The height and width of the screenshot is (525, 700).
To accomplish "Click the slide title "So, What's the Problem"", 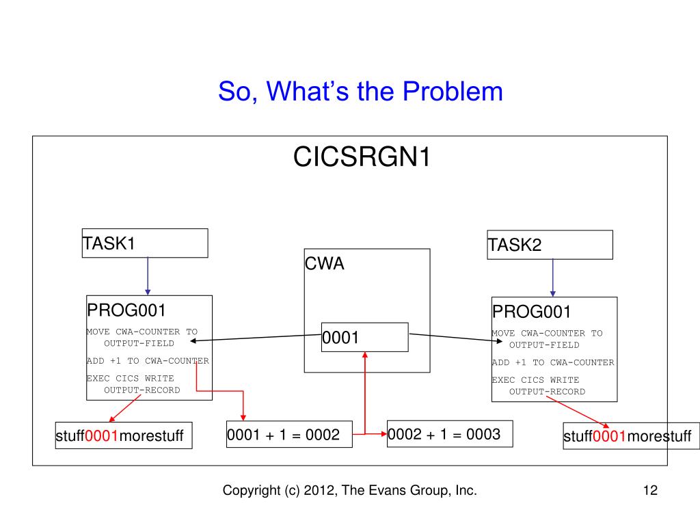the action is [360, 92].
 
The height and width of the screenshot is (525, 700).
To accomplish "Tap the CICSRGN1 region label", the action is [362, 157].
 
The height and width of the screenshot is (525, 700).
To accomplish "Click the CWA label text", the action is [325, 263].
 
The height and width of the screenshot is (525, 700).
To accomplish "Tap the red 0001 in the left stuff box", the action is [102, 435].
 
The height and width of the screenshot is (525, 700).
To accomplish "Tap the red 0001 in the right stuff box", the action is [610, 435].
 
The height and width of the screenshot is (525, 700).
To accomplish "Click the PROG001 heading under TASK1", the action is [126, 310].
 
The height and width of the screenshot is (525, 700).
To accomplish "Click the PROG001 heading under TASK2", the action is [532, 312].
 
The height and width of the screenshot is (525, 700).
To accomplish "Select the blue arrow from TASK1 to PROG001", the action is [148, 276].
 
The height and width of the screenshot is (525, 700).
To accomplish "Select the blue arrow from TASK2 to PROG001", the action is [552, 278].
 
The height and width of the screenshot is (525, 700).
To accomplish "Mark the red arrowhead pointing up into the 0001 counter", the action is [365, 355].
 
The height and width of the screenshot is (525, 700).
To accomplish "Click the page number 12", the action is [651, 490].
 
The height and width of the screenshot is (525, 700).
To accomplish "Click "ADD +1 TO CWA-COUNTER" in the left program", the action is [148, 361].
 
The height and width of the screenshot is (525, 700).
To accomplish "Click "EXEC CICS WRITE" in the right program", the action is [536, 380].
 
